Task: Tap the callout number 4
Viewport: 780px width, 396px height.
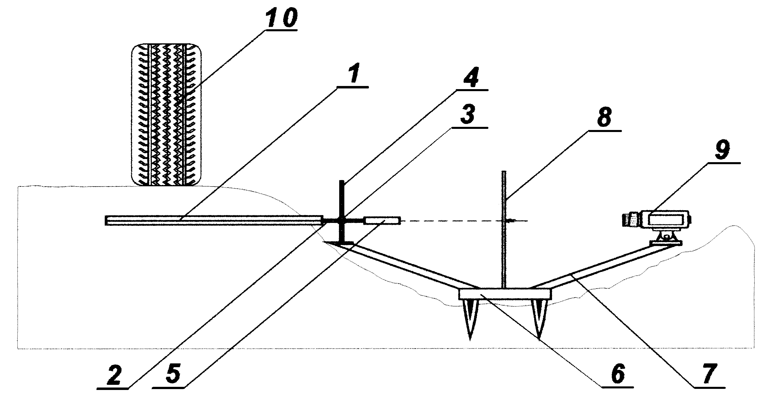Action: coord(471,77)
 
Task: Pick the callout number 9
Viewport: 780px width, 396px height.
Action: coord(722,151)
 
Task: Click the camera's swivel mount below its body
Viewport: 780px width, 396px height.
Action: coord(665,237)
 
